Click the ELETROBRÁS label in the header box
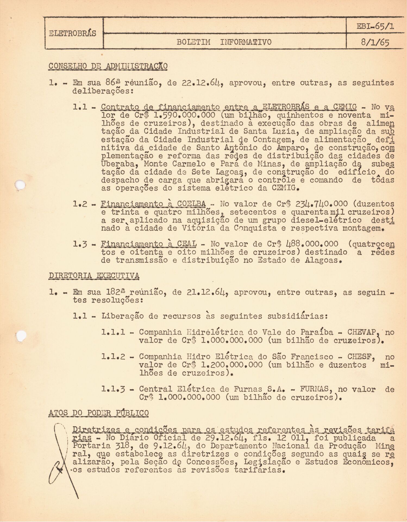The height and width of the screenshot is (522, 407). [73, 33]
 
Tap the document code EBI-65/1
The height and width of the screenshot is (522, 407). [376, 26]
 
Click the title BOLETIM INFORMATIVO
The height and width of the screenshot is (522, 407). [224, 42]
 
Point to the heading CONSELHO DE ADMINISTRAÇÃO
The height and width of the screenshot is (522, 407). [108, 66]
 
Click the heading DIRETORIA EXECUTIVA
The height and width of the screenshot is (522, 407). [94, 276]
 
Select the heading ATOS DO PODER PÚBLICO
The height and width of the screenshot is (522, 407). [99, 413]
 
